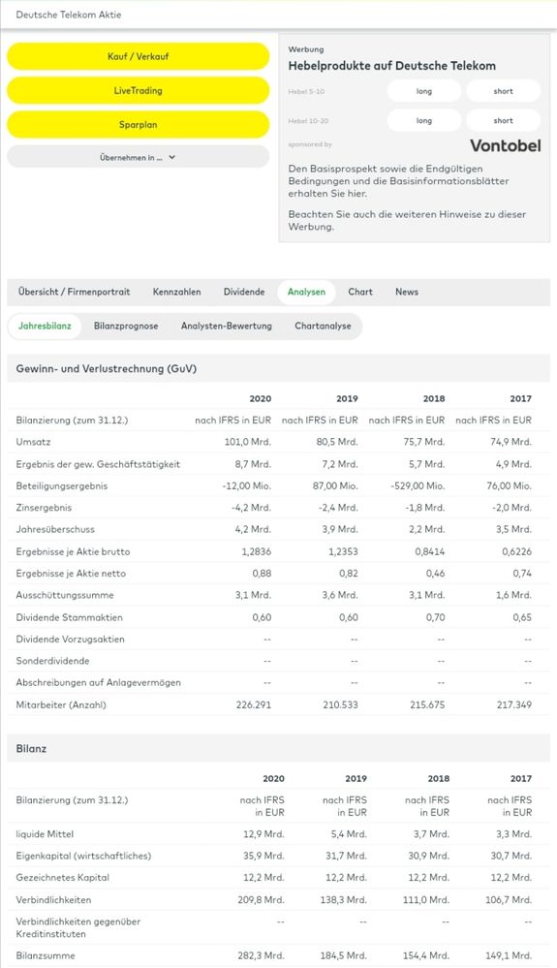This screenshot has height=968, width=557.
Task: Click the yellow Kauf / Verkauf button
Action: (138, 56)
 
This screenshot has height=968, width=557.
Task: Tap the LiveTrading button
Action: (138, 90)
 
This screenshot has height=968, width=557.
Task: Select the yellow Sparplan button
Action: (138, 125)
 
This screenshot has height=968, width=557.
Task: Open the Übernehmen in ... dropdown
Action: (138, 156)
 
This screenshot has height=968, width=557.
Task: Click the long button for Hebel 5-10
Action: (424, 91)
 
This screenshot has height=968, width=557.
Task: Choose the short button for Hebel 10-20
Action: (503, 121)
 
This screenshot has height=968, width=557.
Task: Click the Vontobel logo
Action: (505, 145)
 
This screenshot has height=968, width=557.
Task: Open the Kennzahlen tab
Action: (176, 292)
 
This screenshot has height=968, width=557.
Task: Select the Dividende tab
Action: (244, 292)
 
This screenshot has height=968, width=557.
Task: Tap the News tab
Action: (407, 292)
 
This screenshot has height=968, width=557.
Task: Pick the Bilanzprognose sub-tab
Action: (126, 327)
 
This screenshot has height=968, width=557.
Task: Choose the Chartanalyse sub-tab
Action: (323, 327)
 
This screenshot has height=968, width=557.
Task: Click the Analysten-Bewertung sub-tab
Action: (227, 327)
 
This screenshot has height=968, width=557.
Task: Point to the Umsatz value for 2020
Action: (252, 442)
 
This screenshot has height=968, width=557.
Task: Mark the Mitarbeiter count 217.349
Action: (512, 704)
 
